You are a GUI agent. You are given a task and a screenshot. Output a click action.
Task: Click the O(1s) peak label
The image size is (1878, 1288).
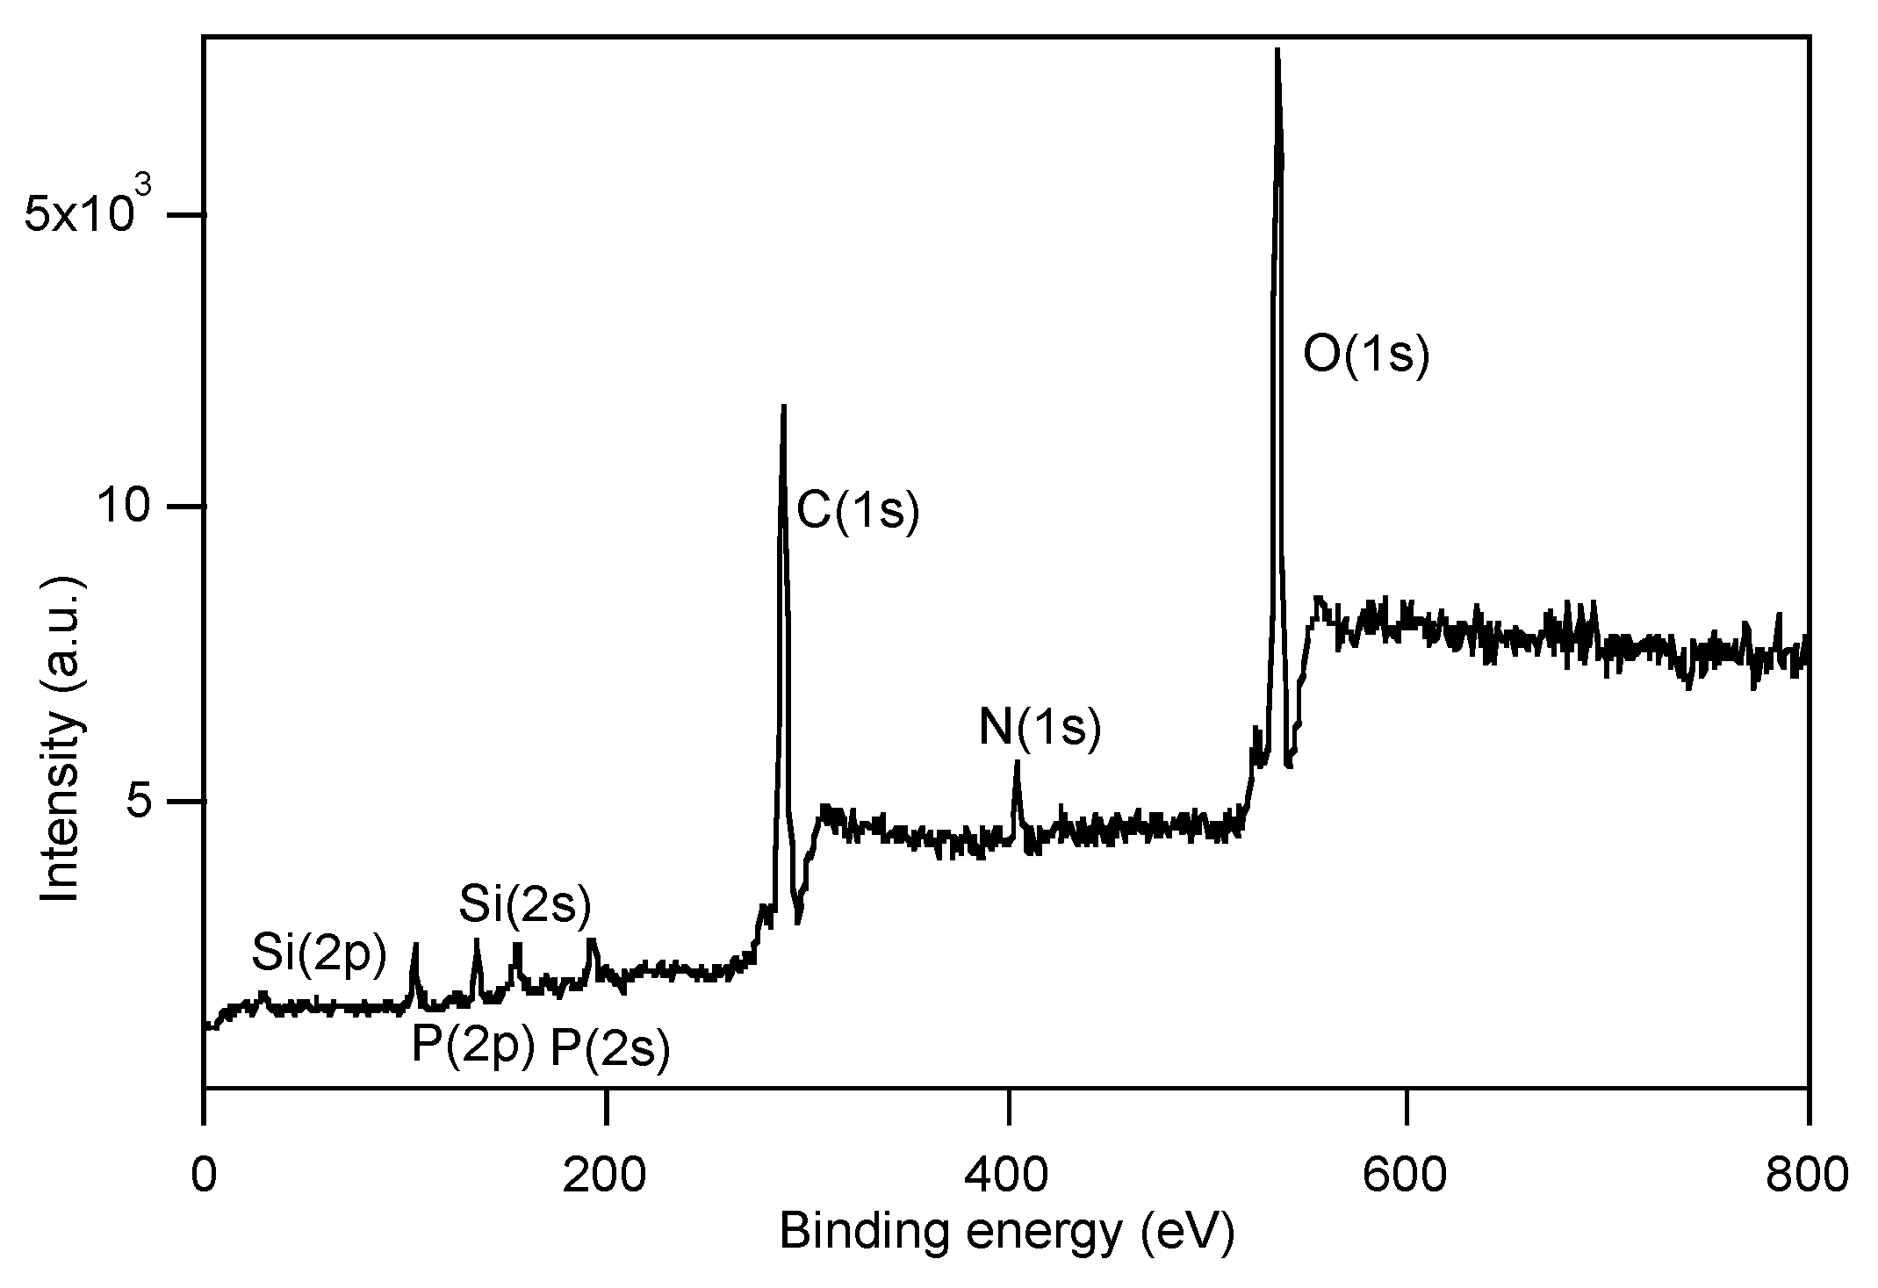[1366, 356]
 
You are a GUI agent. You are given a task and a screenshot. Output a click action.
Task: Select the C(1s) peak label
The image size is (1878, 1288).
[858, 511]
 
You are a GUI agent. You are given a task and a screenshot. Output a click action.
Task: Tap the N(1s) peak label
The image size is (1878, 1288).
[1040, 728]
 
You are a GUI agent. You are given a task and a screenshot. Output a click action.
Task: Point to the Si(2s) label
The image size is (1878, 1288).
[525, 904]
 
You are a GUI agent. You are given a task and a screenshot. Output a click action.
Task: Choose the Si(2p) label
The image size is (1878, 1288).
[319, 954]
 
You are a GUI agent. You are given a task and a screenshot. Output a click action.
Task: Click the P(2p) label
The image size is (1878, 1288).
[473, 1045]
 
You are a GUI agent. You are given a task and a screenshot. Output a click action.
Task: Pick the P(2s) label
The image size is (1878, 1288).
[610, 1047]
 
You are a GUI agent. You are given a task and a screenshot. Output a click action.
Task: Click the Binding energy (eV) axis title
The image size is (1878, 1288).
[1006, 1232]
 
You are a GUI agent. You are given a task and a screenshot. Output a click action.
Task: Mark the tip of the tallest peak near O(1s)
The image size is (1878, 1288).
[1277, 50]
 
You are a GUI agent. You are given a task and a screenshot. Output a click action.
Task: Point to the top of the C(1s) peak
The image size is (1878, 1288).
[783, 406]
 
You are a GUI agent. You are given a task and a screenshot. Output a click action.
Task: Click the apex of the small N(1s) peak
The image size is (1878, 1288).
[1017, 761]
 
